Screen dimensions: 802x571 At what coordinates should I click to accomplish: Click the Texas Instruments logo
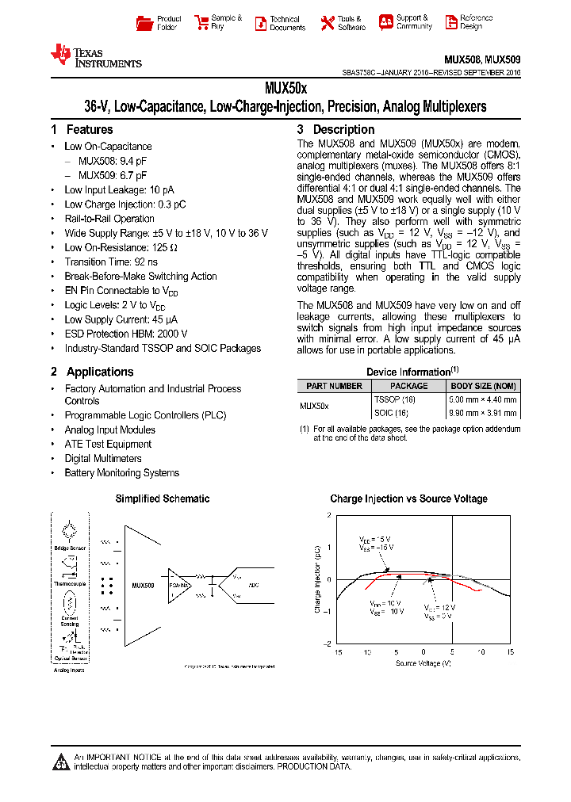pyautogui.click(x=95, y=55)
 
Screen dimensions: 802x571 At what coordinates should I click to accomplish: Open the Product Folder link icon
pyautogui.click(x=144, y=23)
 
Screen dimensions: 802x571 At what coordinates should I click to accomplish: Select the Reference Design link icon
pyautogui.click(x=451, y=23)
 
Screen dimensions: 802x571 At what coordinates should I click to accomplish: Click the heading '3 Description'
pyautogui.click(x=335, y=129)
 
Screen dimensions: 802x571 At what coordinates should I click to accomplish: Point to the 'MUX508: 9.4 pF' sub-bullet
pyautogui.click(x=113, y=161)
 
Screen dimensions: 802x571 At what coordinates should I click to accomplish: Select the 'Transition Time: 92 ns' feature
pyautogui.click(x=111, y=262)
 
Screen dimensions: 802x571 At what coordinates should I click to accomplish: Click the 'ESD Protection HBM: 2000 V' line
pyautogui.click(x=125, y=334)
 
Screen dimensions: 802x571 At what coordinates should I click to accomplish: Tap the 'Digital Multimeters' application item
pyautogui.click(x=103, y=458)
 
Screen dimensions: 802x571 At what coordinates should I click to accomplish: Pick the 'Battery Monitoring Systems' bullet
pyautogui.click(x=121, y=472)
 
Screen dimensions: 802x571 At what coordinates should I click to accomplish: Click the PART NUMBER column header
pyautogui.click(x=334, y=386)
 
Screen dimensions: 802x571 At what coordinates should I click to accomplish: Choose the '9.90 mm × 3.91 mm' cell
pyautogui.click(x=483, y=413)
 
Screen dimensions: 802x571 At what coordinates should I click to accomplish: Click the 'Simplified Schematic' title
pyautogui.click(x=163, y=498)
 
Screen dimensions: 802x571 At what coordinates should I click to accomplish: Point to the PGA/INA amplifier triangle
pyautogui.click(x=176, y=584)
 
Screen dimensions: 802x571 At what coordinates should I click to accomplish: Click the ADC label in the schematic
pyautogui.click(x=253, y=585)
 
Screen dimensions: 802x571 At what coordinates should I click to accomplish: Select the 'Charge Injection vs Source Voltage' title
pyautogui.click(x=408, y=498)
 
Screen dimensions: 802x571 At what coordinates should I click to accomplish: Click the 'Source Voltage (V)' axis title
pyautogui.click(x=423, y=662)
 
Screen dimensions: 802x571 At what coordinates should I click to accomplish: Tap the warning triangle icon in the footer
pyautogui.click(x=61, y=763)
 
